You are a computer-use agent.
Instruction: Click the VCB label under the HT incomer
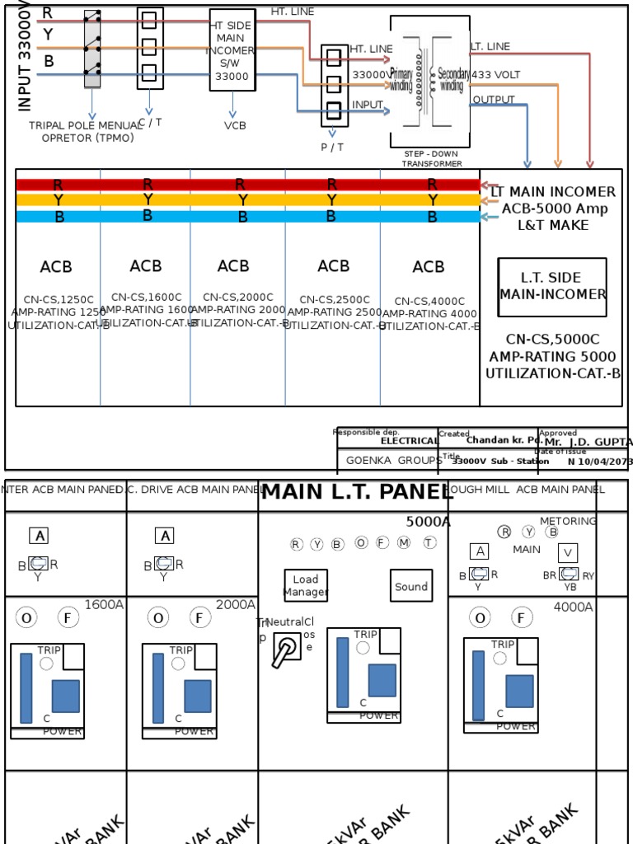(235, 125)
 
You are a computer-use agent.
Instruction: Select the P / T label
(332, 147)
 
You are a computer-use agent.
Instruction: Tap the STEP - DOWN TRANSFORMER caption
(431, 158)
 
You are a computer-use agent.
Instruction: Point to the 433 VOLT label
(496, 75)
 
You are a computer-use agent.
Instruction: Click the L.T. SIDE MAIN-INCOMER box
(551, 286)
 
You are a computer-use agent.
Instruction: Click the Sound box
(410, 586)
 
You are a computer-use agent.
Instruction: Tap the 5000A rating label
(428, 522)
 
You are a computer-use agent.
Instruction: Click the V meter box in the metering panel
(568, 553)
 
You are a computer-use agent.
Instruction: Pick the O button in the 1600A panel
(26, 617)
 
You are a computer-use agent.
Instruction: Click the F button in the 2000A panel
(199, 617)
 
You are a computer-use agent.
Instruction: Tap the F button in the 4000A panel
(521, 617)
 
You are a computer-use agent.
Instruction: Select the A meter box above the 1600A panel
(39, 536)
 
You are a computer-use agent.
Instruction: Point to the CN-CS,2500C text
(334, 300)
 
